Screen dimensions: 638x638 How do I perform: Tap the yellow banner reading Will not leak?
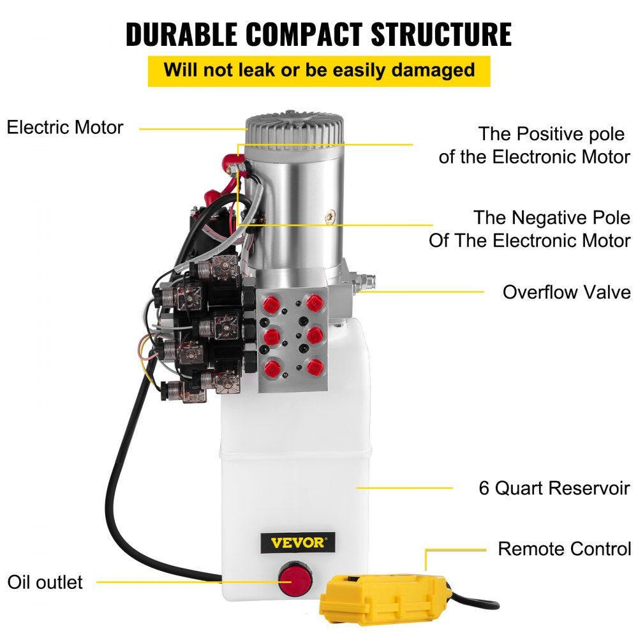[x=319, y=70]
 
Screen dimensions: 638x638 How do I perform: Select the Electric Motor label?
[x=64, y=127]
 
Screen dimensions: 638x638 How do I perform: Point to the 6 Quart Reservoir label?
[x=554, y=488]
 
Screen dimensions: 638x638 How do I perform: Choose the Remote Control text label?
[x=564, y=549]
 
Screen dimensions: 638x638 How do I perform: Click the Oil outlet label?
[x=45, y=582]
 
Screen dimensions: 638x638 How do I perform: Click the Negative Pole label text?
[x=530, y=228]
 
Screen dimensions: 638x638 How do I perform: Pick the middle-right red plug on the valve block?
[x=313, y=334]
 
